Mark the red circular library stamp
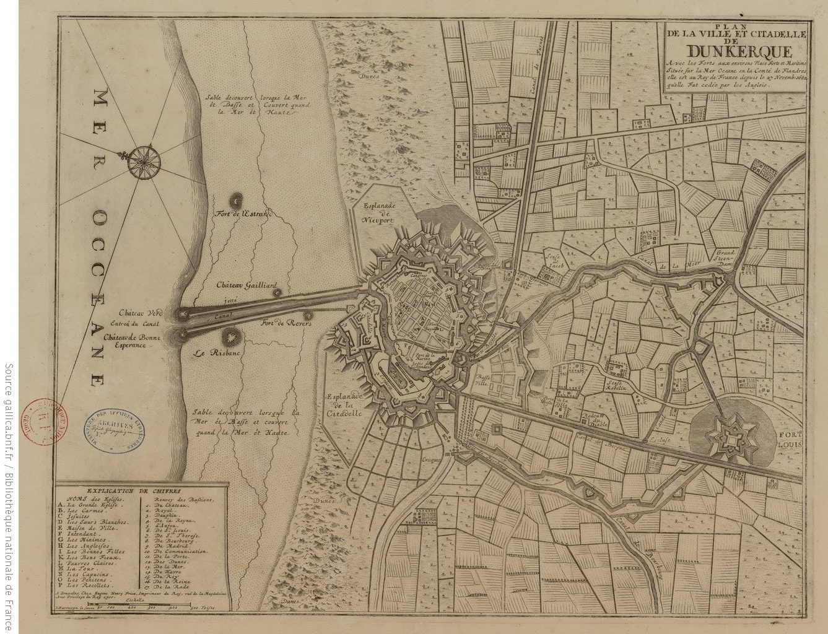coord(45,419)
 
